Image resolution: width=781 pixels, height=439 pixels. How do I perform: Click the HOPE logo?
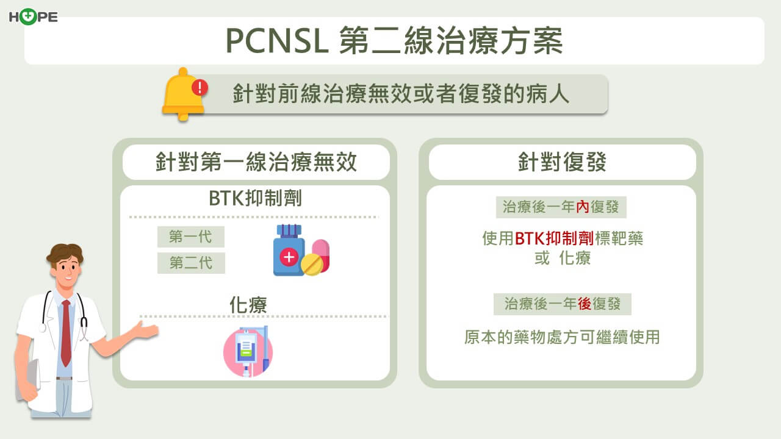pyautogui.click(x=33, y=16)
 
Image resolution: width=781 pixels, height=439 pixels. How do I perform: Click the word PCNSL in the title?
pyautogui.click(x=277, y=41)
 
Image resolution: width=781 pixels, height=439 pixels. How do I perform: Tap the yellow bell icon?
pyautogui.click(x=184, y=94)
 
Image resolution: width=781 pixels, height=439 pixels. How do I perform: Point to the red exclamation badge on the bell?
pyautogui.click(x=200, y=87)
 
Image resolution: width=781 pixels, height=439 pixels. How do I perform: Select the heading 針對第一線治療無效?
pyautogui.click(x=256, y=162)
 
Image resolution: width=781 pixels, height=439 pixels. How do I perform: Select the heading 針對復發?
pyautogui.click(x=562, y=162)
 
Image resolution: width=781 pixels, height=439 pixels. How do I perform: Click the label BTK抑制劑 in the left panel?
pyautogui.click(x=255, y=198)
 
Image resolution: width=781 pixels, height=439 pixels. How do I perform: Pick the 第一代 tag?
pyautogui.click(x=191, y=237)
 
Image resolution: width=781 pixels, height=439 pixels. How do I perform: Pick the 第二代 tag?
pyautogui.click(x=191, y=263)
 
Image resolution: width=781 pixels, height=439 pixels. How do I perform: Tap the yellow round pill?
pyautogui.click(x=312, y=265)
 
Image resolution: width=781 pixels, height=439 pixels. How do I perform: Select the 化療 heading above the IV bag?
pyautogui.click(x=248, y=305)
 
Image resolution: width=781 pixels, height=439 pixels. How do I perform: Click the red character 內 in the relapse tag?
pyautogui.click(x=583, y=207)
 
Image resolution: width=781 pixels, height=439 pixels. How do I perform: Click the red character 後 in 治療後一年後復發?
pyautogui.click(x=585, y=304)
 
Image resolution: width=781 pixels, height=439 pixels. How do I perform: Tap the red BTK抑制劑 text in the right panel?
pyautogui.click(x=554, y=238)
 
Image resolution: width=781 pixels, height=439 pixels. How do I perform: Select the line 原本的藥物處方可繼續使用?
pyautogui.click(x=562, y=337)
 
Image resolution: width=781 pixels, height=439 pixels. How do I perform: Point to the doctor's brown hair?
pyautogui.click(x=65, y=253)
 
